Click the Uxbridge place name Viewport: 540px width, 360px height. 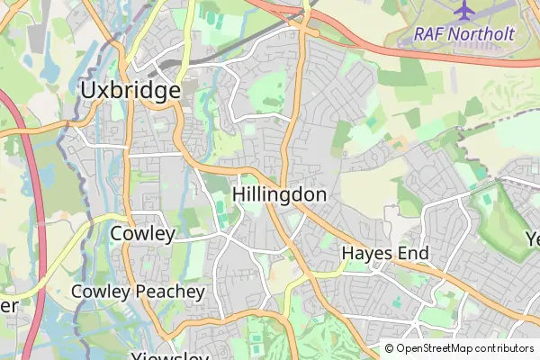tap(130, 90)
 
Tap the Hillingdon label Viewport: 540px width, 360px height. tap(279, 194)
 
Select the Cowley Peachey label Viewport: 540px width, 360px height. tap(138, 292)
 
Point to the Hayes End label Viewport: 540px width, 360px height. tap(385, 254)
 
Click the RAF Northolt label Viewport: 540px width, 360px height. tap(463, 35)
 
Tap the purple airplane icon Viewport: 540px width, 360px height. tap(464, 12)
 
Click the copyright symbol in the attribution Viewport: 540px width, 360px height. tap(390, 348)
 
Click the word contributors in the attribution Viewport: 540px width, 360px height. tap(504, 348)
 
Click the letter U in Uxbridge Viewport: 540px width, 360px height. tap(88, 90)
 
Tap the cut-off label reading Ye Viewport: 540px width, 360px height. tap(531, 239)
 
